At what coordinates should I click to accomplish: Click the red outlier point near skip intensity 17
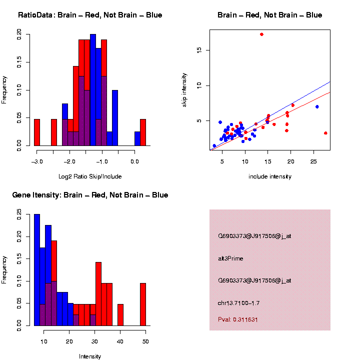tap(261, 34)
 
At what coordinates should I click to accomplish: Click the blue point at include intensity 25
tap(317, 106)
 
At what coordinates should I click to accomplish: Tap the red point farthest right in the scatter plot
tap(325, 133)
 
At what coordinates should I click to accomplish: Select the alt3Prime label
tap(230, 258)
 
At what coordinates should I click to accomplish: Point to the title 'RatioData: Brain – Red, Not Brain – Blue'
tap(90, 15)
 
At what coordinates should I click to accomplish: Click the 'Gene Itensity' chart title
tap(90, 195)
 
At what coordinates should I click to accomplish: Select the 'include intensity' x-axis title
tap(270, 176)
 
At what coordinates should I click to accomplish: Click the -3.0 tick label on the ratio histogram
tap(36, 161)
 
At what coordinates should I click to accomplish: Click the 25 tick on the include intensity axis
tap(313, 161)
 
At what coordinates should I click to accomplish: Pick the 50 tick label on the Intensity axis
tap(145, 341)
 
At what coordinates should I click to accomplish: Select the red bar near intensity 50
tap(143, 304)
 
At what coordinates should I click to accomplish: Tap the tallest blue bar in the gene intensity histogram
tap(37, 270)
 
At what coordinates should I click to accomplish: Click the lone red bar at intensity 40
tap(120, 315)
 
